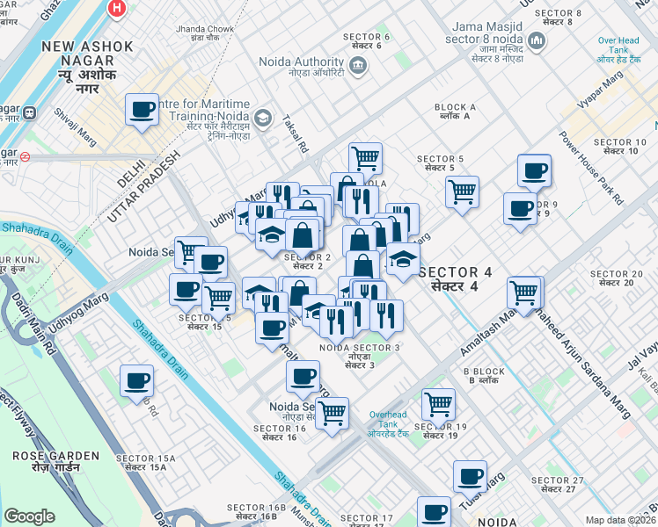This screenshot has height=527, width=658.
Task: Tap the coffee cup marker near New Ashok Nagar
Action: click(x=142, y=110)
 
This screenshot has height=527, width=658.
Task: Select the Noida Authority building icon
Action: click(x=358, y=63)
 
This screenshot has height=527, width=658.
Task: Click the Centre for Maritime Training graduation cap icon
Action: click(x=262, y=118)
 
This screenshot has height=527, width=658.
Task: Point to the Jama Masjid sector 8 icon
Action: click(x=535, y=40)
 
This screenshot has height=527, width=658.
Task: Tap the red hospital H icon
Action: click(x=115, y=9)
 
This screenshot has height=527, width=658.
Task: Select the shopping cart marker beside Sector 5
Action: click(x=462, y=191)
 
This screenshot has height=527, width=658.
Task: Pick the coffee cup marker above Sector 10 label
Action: click(x=534, y=171)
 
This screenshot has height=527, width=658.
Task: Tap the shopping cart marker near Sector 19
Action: click(x=438, y=405)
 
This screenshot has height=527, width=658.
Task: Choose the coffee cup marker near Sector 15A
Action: click(x=136, y=381)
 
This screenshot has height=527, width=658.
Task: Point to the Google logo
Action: click(x=29, y=516)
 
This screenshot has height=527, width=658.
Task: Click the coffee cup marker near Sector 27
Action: click(x=470, y=477)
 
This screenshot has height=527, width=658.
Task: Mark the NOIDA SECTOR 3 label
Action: click(x=360, y=353)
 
